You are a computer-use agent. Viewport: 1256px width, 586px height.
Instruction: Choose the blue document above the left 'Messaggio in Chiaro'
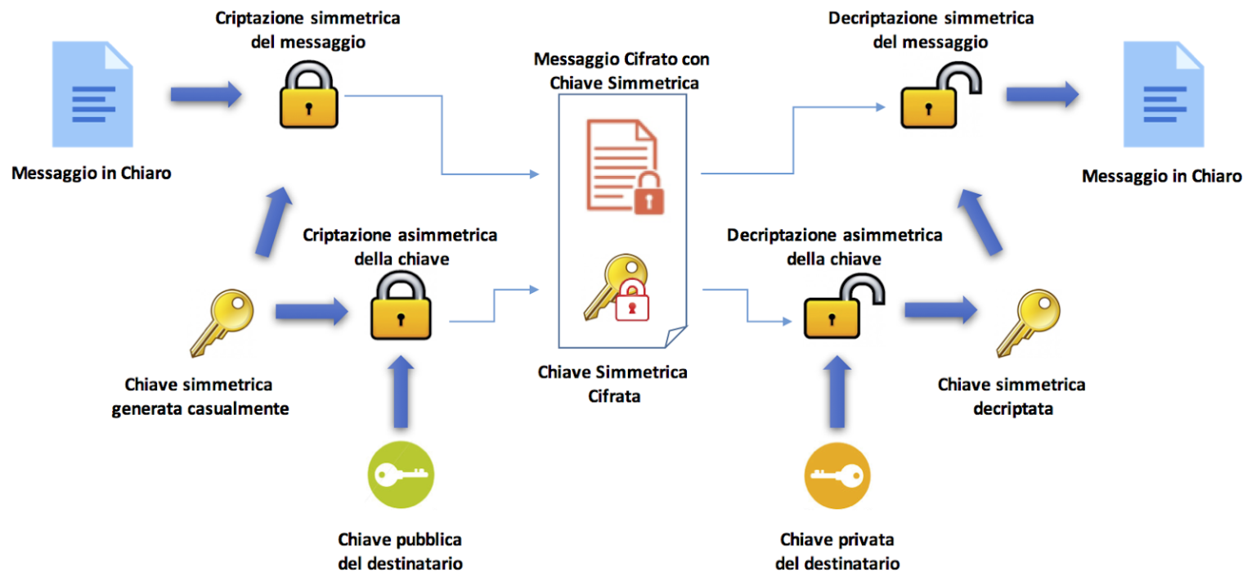(x=92, y=96)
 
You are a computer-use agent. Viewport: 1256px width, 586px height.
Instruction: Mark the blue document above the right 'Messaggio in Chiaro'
(x=1163, y=96)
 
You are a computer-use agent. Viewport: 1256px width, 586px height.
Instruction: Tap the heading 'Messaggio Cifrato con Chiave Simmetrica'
(x=621, y=71)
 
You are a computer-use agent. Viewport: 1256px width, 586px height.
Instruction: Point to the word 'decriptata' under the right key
(x=1012, y=408)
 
